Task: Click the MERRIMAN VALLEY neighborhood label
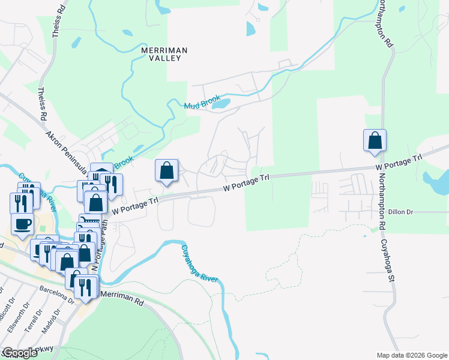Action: pos(164,54)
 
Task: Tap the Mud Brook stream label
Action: pos(203,105)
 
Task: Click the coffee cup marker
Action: pos(22,224)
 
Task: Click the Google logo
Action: pos(20,353)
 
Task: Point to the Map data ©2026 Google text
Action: pos(411,355)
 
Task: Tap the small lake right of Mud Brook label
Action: pos(220,104)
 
